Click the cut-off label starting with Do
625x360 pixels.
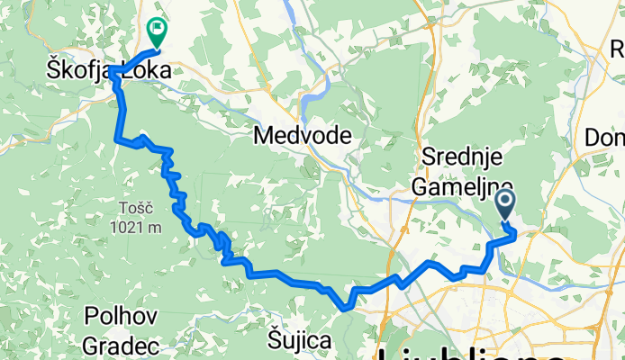click(604, 137)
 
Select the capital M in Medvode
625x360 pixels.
click(264, 136)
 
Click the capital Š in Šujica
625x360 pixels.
click(276, 338)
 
